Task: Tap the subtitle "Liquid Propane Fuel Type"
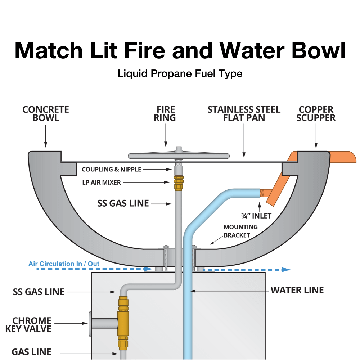pos(180,74)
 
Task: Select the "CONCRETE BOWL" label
pos(46,113)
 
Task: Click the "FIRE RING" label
pos(166,113)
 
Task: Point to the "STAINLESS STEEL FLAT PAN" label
pos(244,113)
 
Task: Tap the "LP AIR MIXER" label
pos(106,183)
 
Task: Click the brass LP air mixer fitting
pos(178,183)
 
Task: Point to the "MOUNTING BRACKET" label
pos(240,231)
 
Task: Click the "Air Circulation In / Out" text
pos(64,264)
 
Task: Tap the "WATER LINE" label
pos(297,290)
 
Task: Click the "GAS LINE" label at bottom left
pos(31,352)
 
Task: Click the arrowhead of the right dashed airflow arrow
pos(286,269)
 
